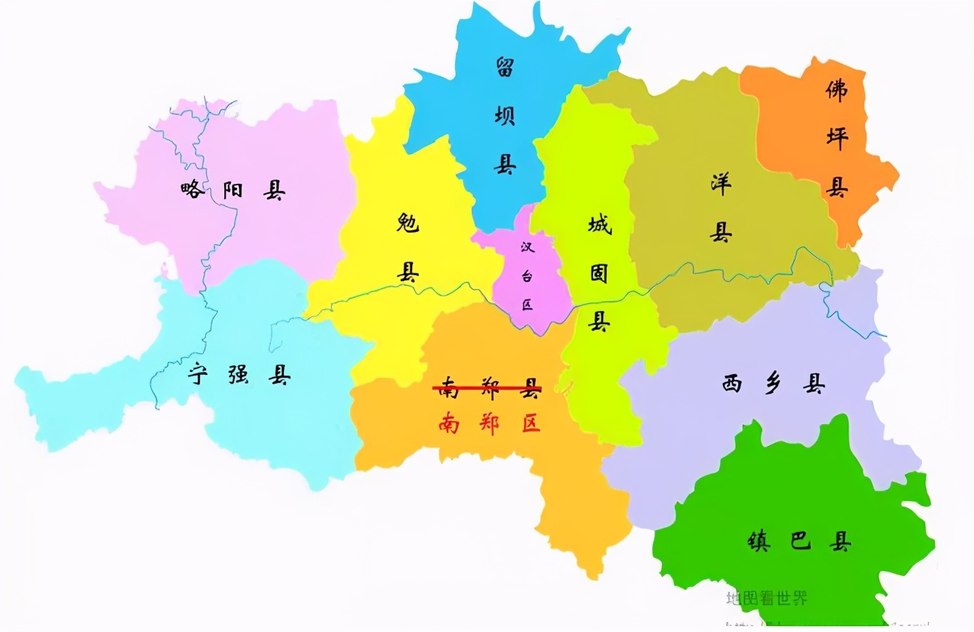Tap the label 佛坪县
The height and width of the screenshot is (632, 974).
click(837, 138)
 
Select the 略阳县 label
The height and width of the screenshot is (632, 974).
click(232, 190)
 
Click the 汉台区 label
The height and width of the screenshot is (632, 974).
click(527, 275)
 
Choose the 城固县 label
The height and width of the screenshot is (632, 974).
click(599, 274)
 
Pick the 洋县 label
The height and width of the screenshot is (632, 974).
click(720, 208)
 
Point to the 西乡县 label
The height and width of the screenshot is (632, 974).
click(773, 384)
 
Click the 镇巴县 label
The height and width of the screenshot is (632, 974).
click(799, 541)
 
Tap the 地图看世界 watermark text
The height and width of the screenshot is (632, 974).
click(766, 599)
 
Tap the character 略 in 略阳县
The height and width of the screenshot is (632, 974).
click(193, 190)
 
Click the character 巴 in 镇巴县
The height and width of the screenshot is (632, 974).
click(800, 541)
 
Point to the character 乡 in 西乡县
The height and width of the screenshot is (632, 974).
click(773, 384)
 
